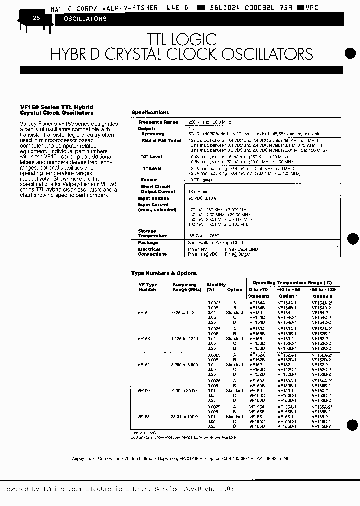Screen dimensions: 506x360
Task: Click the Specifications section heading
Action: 150,113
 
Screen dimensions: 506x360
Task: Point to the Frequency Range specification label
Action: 158,122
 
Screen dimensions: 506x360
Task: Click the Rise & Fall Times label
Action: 161,141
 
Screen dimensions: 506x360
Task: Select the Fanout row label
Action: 149,180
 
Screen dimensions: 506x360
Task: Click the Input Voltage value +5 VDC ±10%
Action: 203,198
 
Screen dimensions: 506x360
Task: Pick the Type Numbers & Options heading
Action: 164,273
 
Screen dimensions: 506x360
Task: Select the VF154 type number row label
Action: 144,312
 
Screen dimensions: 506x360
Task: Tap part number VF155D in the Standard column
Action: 257,426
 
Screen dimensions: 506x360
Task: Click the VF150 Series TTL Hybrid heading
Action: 57,107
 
